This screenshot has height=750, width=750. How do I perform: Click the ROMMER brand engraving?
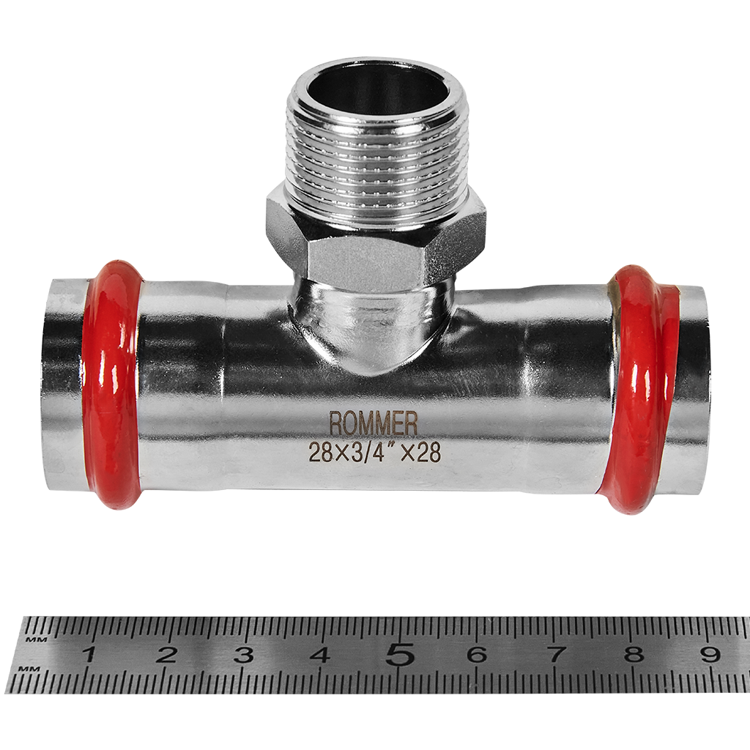tap(373, 424)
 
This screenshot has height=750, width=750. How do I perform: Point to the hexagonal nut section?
tap(376, 234)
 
